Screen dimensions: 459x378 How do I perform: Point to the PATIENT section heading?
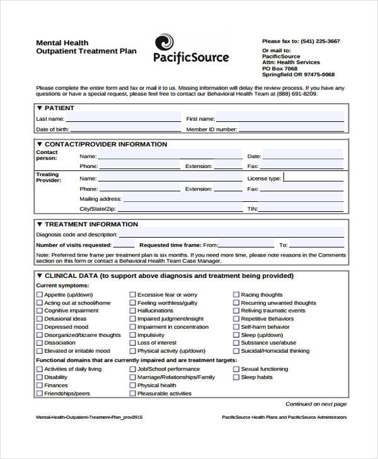click(x=59, y=108)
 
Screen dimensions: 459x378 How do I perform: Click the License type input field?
click(x=313, y=178)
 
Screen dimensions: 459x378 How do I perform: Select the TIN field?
click(x=302, y=208)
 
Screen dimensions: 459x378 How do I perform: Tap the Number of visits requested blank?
click(x=123, y=245)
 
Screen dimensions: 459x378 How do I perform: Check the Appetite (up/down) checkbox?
click(x=40, y=295)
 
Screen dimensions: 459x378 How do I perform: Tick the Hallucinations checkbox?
click(x=133, y=311)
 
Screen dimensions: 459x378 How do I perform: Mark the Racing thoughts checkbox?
click(x=236, y=295)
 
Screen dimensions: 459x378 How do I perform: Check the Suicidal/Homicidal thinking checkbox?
click(x=236, y=351)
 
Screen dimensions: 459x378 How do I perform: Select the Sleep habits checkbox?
click(x=236, y=377)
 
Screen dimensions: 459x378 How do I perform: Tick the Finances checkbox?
click(x=40, y=385)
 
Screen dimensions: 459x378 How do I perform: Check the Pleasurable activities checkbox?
click(x=133, y=394)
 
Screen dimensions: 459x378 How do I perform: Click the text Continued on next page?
click(x=316, y=404)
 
